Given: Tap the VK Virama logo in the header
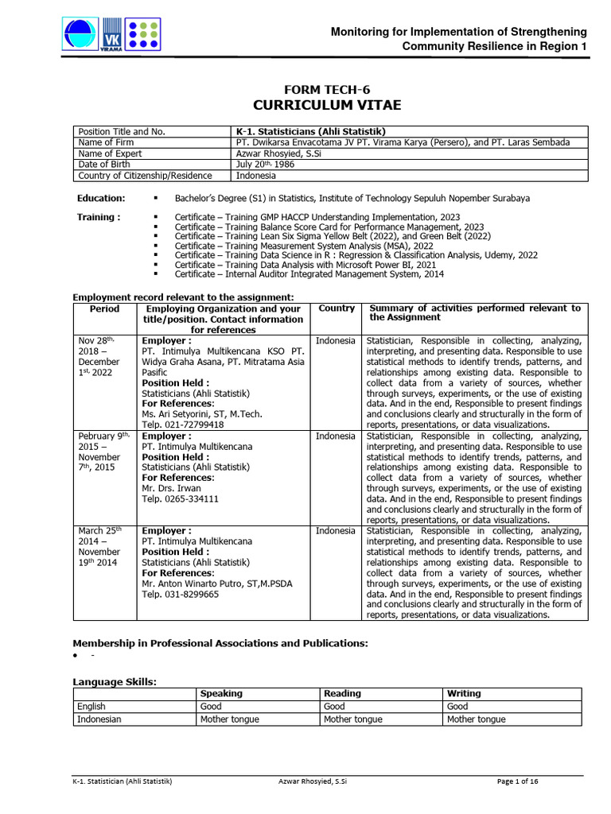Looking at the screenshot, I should coord(111,36).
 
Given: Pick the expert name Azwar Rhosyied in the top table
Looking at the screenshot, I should coord(273,153).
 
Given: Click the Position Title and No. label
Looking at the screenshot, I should coord(120,131).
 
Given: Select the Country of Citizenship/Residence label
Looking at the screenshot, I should coord(144,176).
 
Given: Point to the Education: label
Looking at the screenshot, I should coord(101,198).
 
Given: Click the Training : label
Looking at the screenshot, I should coord(99,217).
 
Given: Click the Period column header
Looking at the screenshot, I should coord(104,308).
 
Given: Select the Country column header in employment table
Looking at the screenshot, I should coord(337,308).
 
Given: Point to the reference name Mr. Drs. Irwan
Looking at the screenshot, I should coord(171,488).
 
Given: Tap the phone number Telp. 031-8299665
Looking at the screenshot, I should coord(180,594).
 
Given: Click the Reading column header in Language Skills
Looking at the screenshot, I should coord(342,693).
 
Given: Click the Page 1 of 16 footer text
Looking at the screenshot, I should coord(517,782).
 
